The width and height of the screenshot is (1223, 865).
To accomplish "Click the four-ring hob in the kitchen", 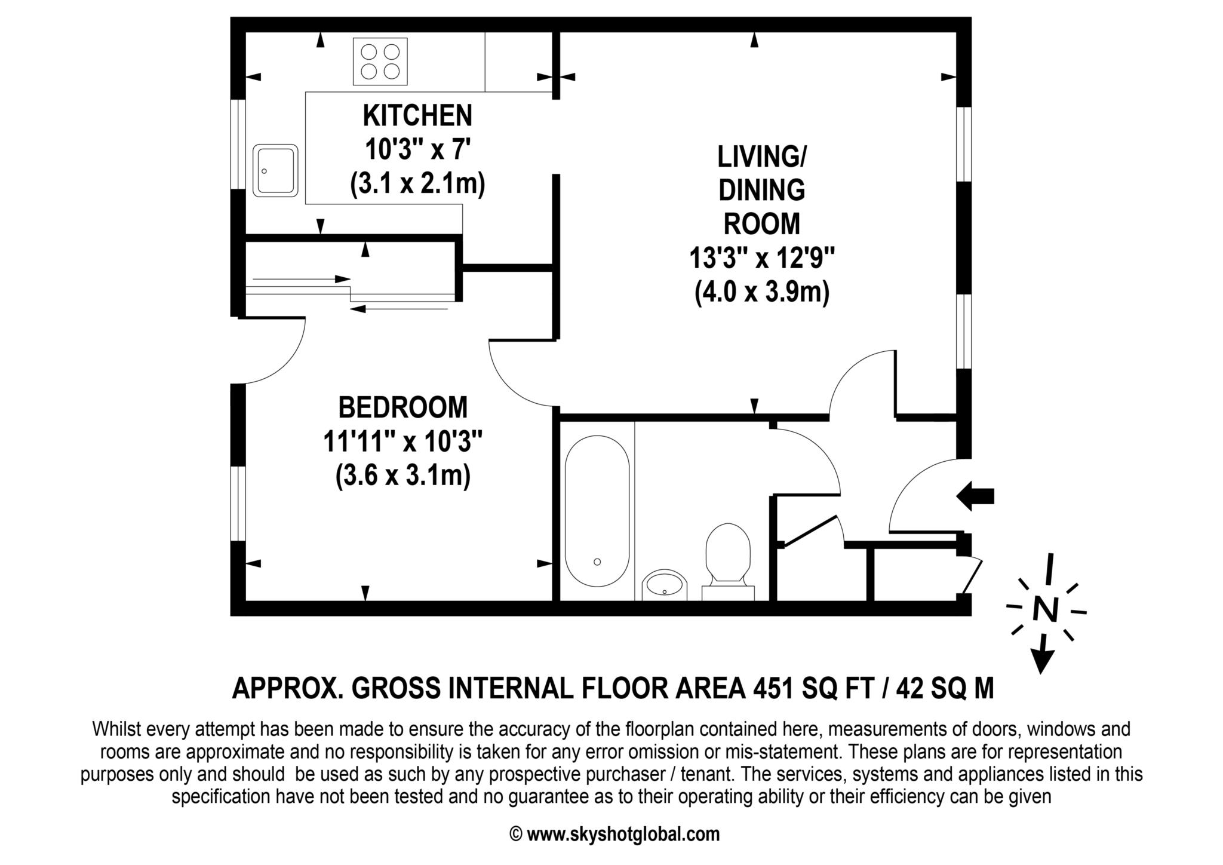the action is pyautogui.click(x=380, y=61).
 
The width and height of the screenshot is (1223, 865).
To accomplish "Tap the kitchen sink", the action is pyautogui.click(x=275, y=170).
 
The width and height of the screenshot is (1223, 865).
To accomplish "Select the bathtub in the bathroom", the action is pyautogui.click(x=597, y=511).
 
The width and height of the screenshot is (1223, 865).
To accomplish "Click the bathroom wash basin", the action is pyautogui.click(x=665, y=585).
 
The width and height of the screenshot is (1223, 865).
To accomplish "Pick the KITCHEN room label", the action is pyautogui.click(x=417, y=116).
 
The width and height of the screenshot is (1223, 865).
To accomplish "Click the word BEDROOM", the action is pyautogui.click(x=403, y=408).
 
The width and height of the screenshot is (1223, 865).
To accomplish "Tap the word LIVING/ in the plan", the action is pyautogui.click(x=762, y=157).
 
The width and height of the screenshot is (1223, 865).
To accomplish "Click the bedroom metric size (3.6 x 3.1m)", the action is pyautogui.click(x=403, y=477).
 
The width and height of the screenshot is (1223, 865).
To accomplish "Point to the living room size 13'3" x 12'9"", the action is pyautogui.click(x=762, y=259).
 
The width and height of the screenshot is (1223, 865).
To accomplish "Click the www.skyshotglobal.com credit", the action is pyautogui.click(x=623, y=834).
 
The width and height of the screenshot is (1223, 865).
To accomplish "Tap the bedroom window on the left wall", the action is pyautogui.click(x=238, y=504).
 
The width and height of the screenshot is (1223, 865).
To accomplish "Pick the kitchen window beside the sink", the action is pyautogui.click(x=238, y=144).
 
